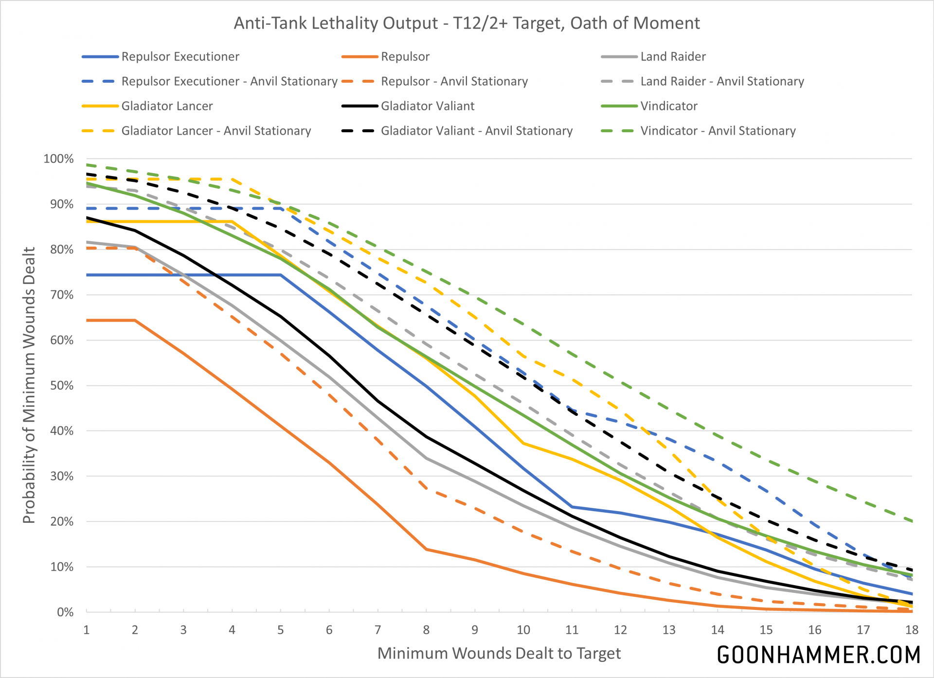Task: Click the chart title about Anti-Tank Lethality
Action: (x=467, y=23)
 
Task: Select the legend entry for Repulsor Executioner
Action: (x=180, y=56)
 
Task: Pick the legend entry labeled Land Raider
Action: (x=673, y=56)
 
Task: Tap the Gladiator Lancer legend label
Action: (x=167, y=106)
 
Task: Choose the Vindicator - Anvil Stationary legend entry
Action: (x=718, y=131)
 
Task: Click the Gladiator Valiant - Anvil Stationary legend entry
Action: (x=476, y=131)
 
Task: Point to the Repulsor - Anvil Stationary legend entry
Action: (x=454, y=81)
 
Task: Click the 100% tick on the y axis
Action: (x=58, y=159)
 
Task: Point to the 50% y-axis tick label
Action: (x=61, y=386)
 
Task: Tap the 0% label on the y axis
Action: (x=65, y=612)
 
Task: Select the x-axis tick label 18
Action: (x=911, y=630)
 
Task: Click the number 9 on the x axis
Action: (x=475, y=630)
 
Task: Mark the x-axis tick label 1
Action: (x=87, y=630)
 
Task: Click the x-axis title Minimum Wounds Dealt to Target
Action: (x=499, y=653)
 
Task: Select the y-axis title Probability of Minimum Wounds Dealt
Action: (x=29, y=385)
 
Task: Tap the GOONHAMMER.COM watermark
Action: (x=819, y=655)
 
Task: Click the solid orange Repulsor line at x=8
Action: (x=426, y=549)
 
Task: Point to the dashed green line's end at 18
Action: (x=912, y=521)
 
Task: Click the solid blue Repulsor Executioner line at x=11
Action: (x=572, y=507)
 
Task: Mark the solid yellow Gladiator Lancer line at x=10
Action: (x=523, y=444)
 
